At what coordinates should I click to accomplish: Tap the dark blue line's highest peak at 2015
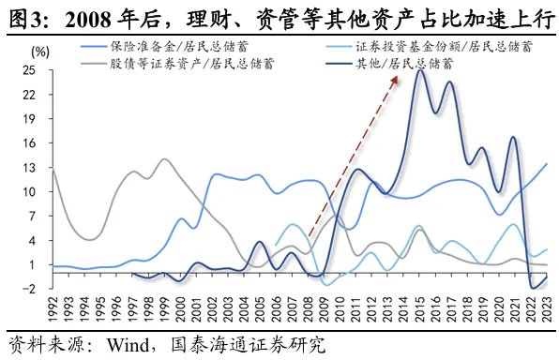(x=420, y=71)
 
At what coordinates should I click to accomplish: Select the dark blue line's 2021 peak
(x=514, y=138)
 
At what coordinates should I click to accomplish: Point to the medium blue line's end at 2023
(x=549, y=164)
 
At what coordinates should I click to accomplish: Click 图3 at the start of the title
(x=23, y=15)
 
